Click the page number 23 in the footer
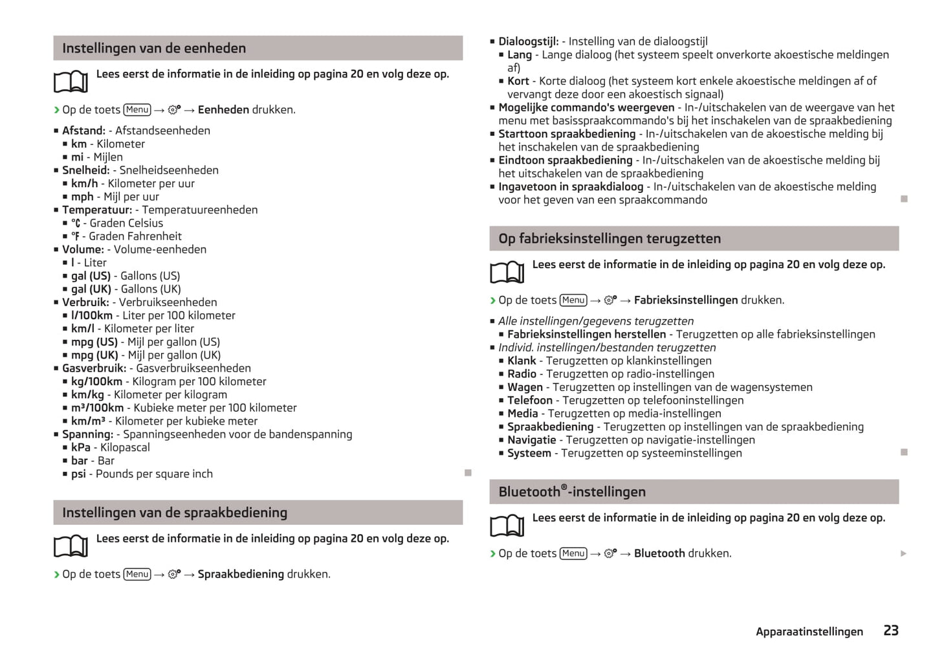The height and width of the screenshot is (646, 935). click(x=890, y=630)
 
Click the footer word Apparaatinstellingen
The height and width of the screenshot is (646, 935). click(x=809, y=632)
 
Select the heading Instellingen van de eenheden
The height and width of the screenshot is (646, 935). click(x=154, y=48)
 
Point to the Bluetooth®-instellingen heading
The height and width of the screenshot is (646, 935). click(x=571, y=491)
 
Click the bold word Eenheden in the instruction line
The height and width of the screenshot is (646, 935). click(x=223, y=109)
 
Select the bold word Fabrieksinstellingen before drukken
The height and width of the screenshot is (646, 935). click(x=685, y=300)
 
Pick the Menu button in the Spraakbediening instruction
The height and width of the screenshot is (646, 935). click(x=137, y=574)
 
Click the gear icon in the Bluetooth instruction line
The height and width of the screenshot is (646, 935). click(x=610, y=553)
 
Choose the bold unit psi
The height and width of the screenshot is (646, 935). click(x=78, y=474)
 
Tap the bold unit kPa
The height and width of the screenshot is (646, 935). click(x=81, y=447)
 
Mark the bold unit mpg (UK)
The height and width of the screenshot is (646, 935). click(x=94, y=355)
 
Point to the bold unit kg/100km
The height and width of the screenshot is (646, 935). click(x=96, y=381)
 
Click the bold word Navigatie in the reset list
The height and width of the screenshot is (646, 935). click(x=531, y=440)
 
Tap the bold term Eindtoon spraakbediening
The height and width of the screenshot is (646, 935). click(x=565, y=160)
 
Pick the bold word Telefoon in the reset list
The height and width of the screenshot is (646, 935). click(x=530, y=400)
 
